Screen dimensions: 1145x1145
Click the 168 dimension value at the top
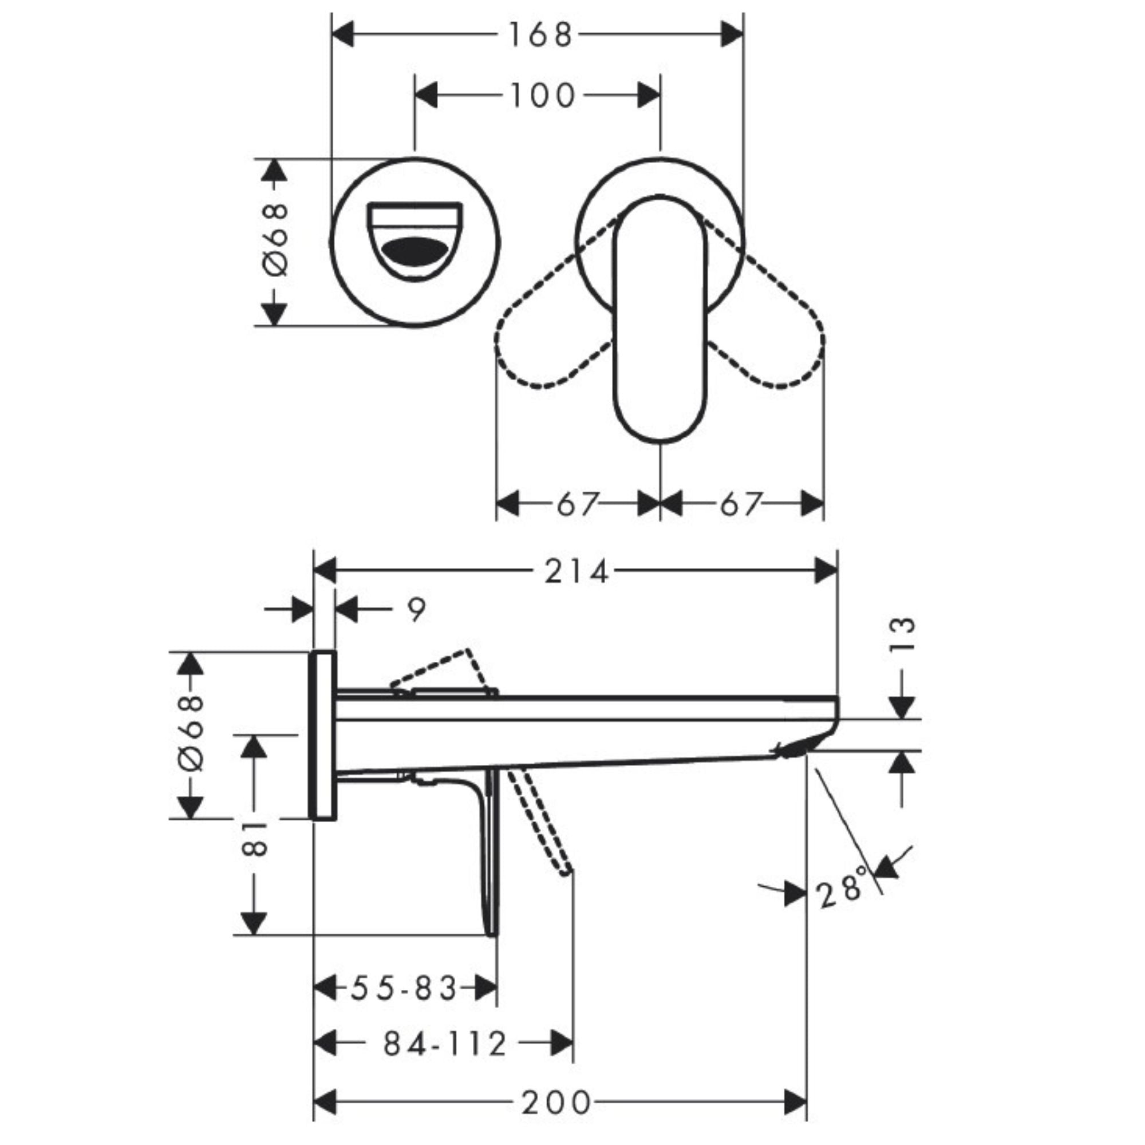pyautogui.click(x=540, y=35)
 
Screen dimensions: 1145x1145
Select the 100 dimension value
pyautogui.click(x=542, y=96)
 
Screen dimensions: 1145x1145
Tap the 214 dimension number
pyautogui.click(x=577, y=572)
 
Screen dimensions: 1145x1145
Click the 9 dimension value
pyautogui.click(x=417, y=610)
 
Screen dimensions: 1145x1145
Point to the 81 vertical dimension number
pyautogui.click(x=255, y=838)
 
